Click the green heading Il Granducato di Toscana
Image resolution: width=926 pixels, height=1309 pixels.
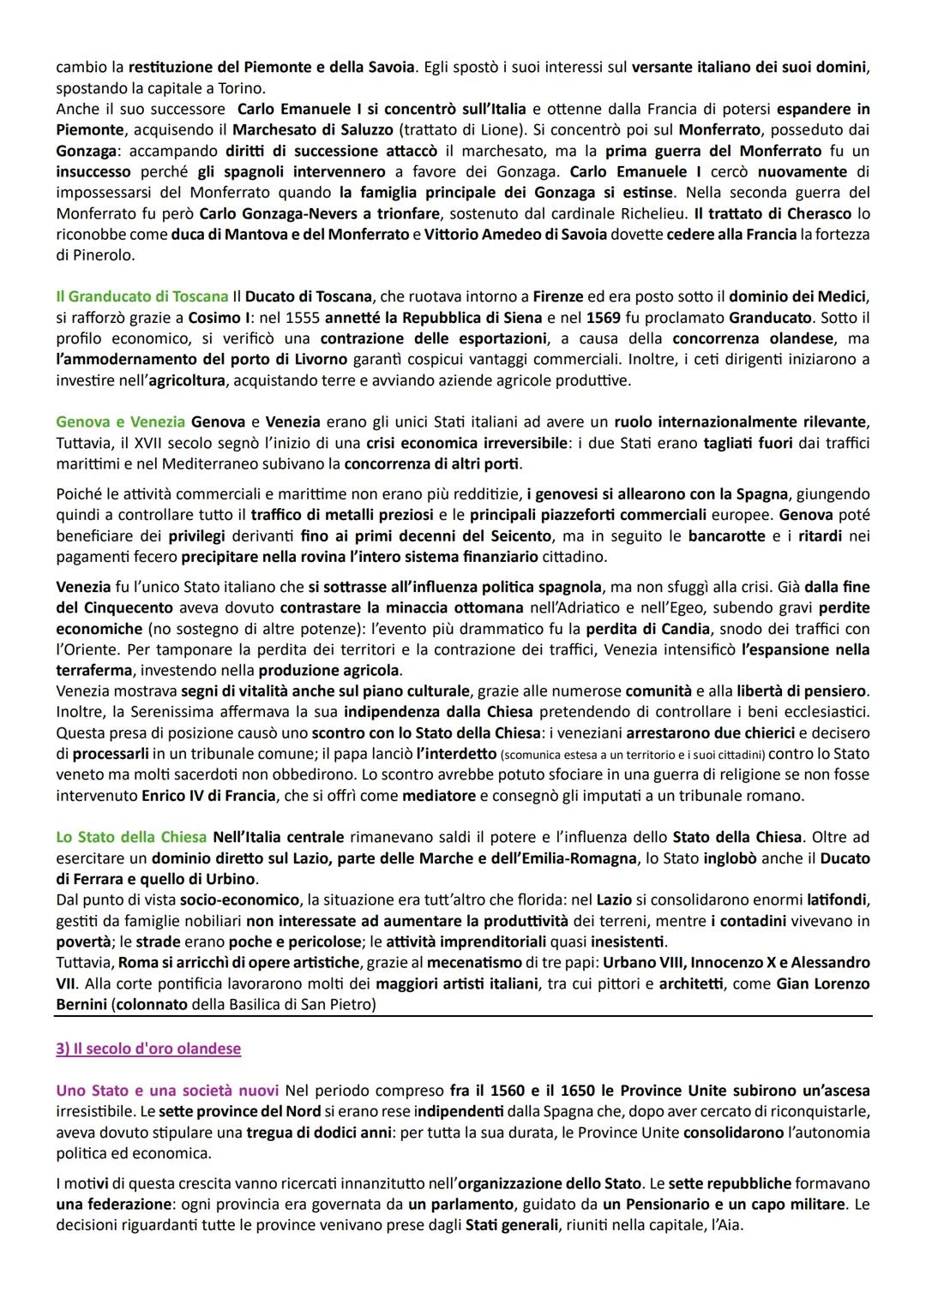coord(142,297)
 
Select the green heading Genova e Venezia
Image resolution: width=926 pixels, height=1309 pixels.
coord(120,421)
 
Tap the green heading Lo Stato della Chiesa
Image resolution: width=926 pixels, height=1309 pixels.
coord(131,836)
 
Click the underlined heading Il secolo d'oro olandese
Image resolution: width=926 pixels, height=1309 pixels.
coord(148,1049)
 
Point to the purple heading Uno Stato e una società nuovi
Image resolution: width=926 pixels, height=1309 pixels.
coord(167,1091)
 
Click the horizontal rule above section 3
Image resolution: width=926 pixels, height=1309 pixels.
coord(463,1016)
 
